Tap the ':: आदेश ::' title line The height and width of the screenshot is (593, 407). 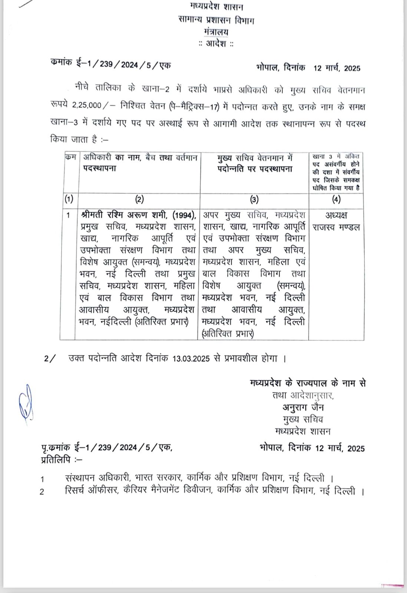click(x=216, y=44)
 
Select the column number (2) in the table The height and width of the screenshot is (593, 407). click(x=139, y=200)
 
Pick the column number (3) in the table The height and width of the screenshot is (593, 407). click(x=254, y=200)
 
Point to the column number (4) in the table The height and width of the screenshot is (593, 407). click(x=336, y=200)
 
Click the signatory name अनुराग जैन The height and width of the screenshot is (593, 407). click(x=303, y=407)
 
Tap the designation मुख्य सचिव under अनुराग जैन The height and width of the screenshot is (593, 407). click(x=303, y=419)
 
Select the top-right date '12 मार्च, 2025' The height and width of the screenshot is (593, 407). click(x=337, y=68)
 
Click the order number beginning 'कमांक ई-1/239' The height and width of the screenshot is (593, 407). click(x=110, y=64)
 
